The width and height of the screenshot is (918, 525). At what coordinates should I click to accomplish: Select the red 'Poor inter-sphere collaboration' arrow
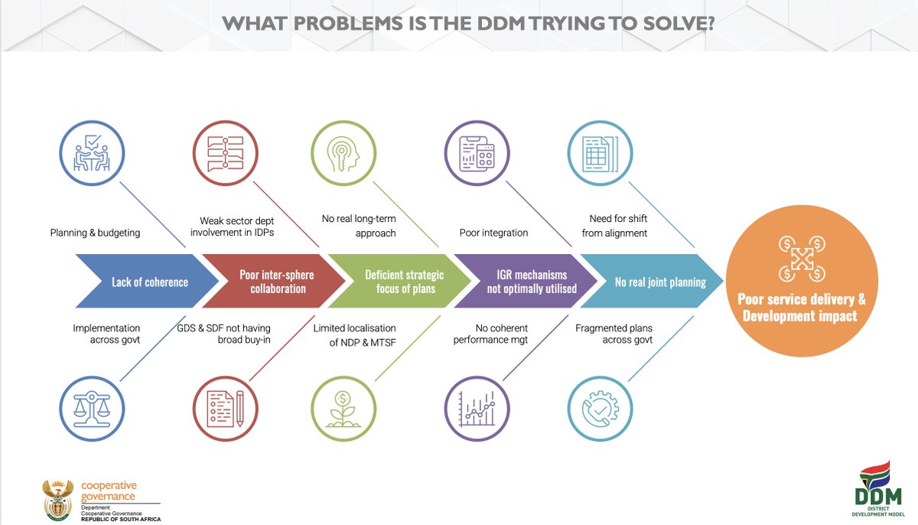pyautogui.click(x=276, y=282)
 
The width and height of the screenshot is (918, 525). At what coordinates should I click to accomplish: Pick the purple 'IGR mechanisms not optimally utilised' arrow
pyautogui.click(x=528, y=282)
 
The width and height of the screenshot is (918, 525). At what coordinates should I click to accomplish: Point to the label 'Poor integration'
pyautogui.click(x=493, y=233)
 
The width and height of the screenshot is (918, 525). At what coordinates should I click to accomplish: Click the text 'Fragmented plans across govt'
pyautogui.click(x=614, y=334)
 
